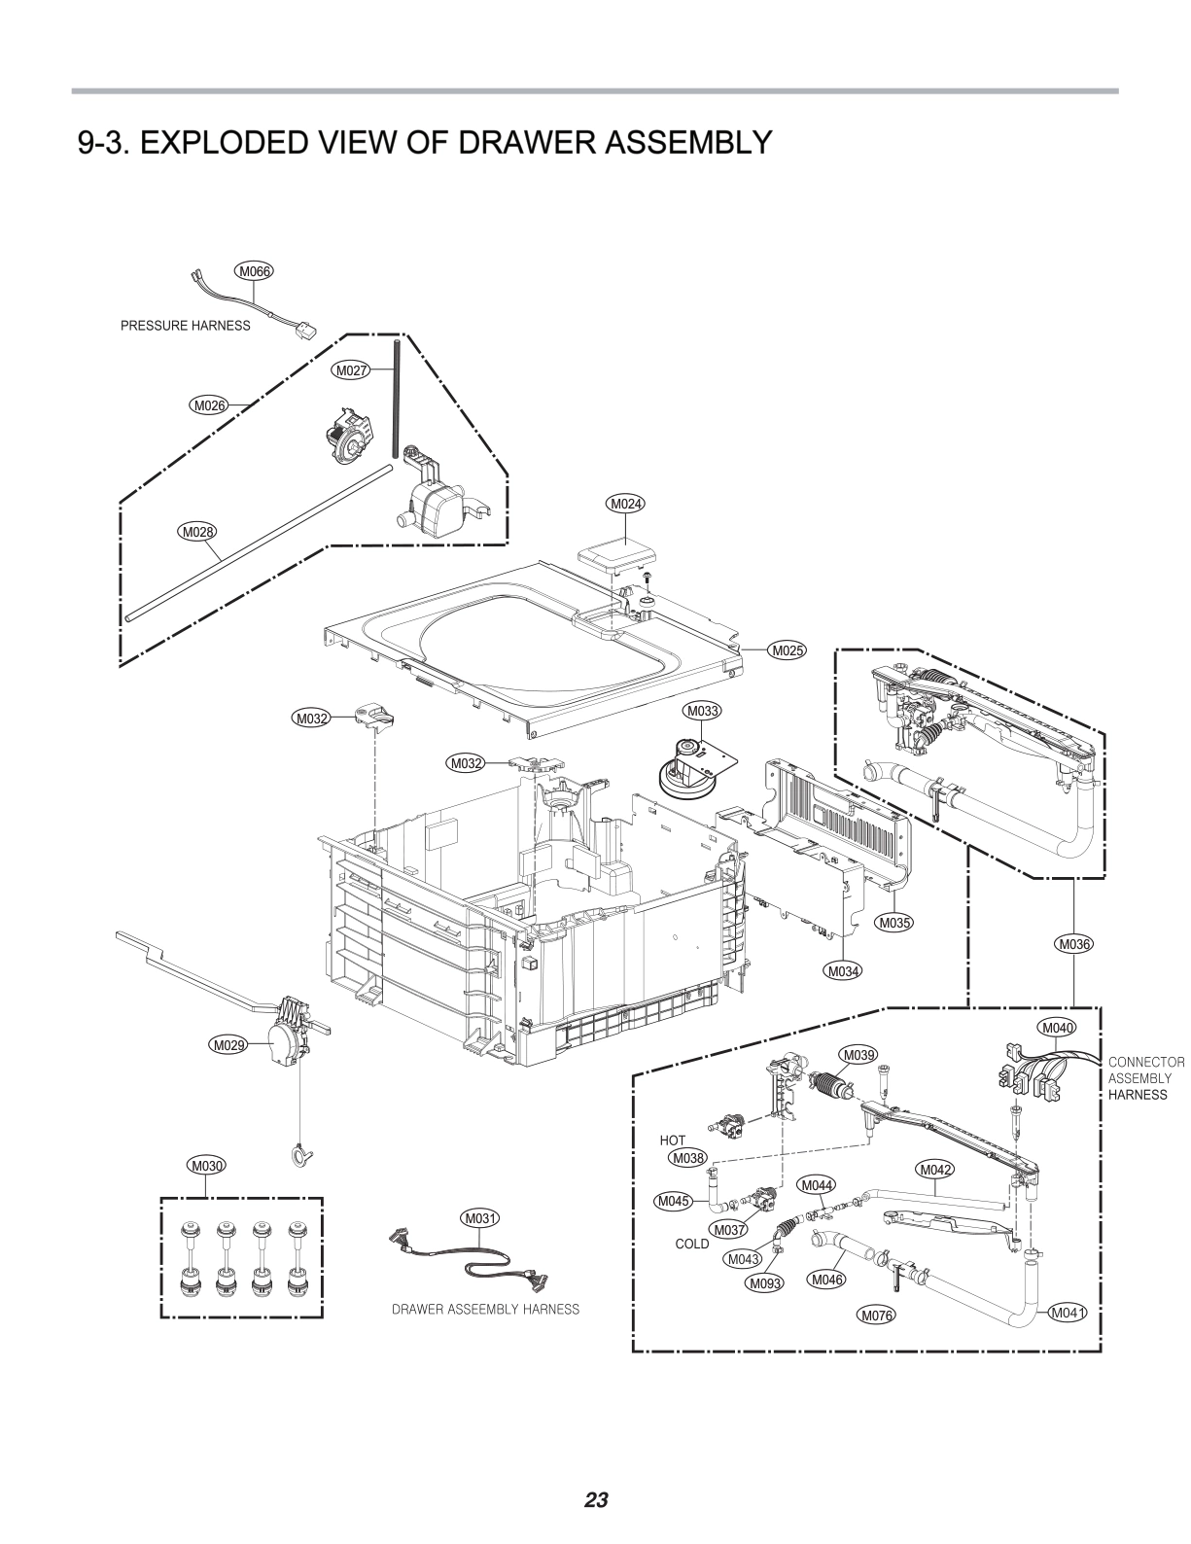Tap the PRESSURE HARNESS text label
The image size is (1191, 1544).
[185, 326]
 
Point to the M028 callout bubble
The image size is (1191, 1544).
[196, 532]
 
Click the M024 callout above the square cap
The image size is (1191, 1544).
[626, 504]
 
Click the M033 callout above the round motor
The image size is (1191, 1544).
[702, 712]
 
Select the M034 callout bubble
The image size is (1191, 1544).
[843, 970]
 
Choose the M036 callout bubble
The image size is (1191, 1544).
[1073, 943]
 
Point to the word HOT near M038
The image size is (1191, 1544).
[673, 1140]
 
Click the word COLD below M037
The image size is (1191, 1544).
[692, 1244]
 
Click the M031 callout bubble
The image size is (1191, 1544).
[480, 1218]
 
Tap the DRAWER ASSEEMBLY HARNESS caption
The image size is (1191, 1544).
[485, 1310]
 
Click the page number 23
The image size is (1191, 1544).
[596, 1498]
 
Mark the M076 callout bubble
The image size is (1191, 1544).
[875, 1316]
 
